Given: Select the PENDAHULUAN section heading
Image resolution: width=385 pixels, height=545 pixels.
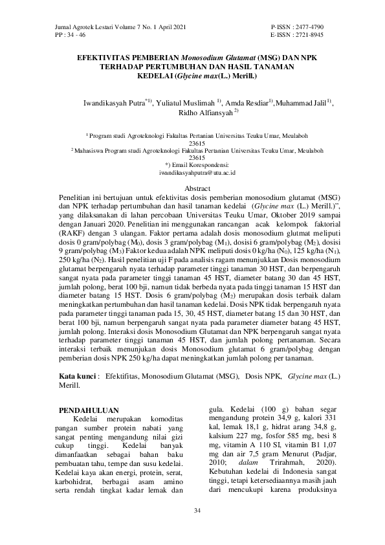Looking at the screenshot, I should [x=89, y=410].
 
